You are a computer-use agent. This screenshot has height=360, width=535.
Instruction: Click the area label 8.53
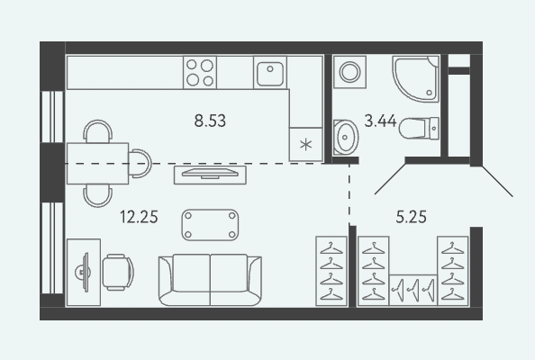210,121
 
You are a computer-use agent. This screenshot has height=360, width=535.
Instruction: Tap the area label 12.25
139,217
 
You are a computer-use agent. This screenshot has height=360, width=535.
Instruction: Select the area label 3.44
380,121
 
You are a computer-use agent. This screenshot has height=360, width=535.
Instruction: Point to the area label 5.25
411,217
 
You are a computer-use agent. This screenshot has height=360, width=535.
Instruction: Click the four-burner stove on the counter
200,73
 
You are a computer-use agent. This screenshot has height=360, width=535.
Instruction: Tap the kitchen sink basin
270,73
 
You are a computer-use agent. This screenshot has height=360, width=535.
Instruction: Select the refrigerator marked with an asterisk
305,144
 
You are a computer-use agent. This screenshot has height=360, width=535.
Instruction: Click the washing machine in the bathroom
350,72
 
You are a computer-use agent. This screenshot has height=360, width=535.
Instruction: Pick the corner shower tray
415,79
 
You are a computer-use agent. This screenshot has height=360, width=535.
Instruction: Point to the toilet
419,128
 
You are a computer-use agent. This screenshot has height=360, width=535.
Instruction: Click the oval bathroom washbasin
346,137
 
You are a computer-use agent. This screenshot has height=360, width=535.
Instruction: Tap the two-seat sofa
210,280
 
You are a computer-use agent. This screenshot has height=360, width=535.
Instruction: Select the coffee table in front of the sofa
210,225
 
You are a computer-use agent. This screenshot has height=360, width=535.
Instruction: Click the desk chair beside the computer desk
118,272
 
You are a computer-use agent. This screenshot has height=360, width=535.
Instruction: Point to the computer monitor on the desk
84,272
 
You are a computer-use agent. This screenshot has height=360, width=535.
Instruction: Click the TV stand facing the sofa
210,175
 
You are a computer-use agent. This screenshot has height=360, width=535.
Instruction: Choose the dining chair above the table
98,131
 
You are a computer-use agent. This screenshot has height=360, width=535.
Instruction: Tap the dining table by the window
97,164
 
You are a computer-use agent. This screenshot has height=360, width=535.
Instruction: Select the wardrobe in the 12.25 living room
331,271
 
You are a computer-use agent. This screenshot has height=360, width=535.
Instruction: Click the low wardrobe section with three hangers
413,290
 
